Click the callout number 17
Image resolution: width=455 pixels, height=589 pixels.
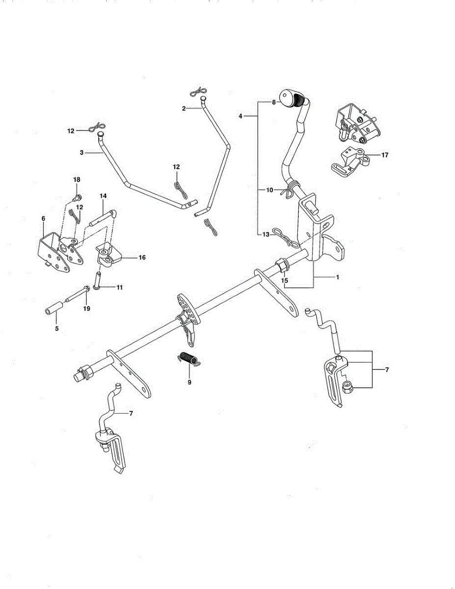[x=384, y=155]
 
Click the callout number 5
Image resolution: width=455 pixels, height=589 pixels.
[x=57, y=328]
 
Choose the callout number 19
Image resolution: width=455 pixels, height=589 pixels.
[x=87, y=309]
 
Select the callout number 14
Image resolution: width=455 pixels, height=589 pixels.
[x=103, y=195]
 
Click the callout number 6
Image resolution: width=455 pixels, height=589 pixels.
[x=43, y=218]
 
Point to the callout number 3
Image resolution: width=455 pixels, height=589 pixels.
[x=81, y=153]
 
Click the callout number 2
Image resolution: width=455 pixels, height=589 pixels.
[x=184, y=108]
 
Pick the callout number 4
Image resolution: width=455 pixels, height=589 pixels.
[x=241, y=116]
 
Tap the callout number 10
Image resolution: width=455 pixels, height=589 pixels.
[x=269, y=190]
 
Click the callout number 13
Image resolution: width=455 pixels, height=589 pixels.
[x=266, y=235]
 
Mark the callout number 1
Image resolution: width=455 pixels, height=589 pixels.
[x=338, y=277]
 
